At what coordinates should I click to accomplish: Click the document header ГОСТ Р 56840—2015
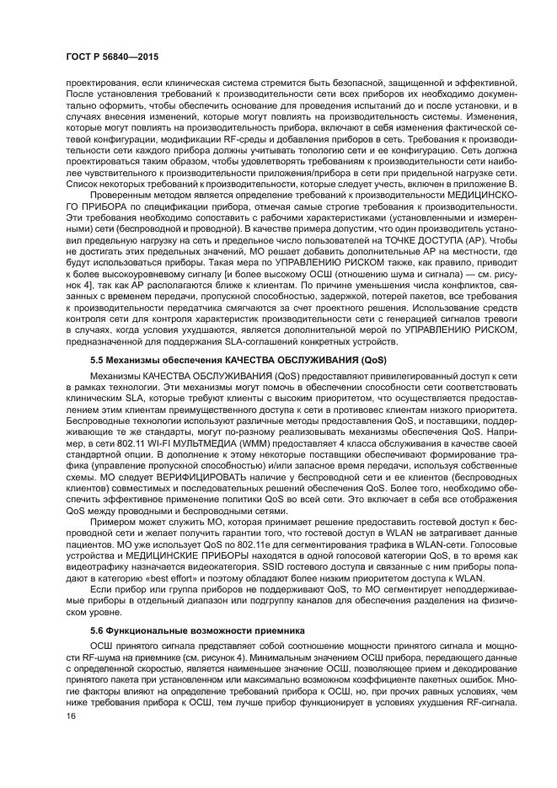(x=112, y=56)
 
